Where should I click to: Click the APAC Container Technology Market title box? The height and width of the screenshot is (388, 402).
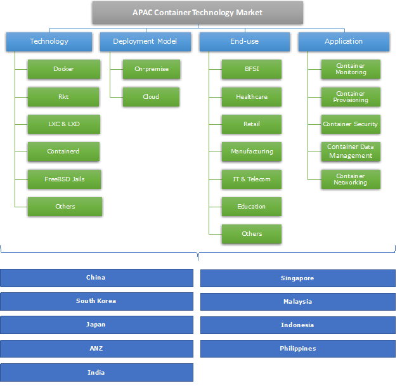(197, 13)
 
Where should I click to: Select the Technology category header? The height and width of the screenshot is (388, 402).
(49, 42)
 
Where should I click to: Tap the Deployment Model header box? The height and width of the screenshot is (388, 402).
(145, 42)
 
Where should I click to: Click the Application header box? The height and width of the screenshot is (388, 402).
(344, 42)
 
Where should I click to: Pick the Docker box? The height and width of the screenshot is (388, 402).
(64, 69)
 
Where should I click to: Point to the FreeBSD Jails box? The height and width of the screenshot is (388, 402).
(64, 179)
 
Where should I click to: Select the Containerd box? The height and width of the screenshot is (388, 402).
(64, 152)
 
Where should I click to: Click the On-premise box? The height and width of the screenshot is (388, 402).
(151, 69)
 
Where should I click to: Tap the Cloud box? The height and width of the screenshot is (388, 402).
(151, 97)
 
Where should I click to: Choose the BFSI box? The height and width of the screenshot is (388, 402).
(252, 69)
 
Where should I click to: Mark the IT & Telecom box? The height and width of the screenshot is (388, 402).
(252, 179)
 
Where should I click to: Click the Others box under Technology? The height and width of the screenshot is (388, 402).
(65, 207)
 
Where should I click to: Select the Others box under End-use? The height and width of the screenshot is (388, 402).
(252, 234)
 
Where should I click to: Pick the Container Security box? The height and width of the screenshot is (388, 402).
(351, 124)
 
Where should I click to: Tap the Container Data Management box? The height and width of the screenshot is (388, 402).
(351, 152)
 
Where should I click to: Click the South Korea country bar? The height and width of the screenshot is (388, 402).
(96, 301)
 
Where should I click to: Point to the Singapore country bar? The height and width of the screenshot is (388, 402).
(297, 278)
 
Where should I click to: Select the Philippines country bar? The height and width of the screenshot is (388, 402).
(297, 349)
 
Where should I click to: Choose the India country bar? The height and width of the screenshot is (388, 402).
(96, 373)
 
